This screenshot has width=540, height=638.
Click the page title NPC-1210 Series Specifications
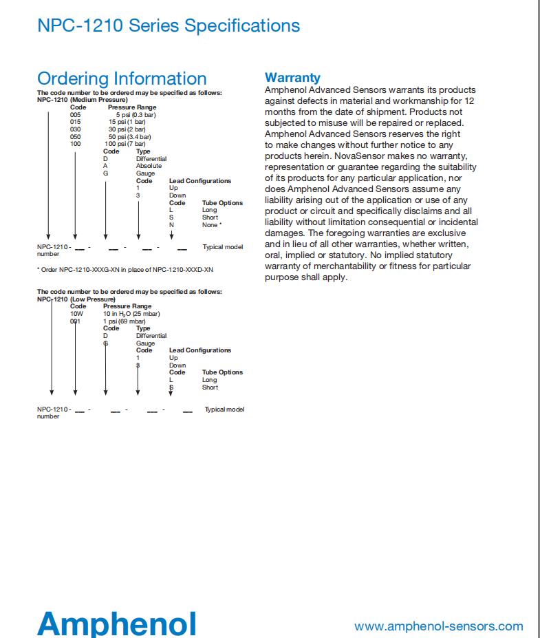tap(169, 26)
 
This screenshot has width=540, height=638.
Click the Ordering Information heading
tap(122, 78)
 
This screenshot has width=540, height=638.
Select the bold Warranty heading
tap(292, 78)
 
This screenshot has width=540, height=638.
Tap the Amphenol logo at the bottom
tap(117, 623)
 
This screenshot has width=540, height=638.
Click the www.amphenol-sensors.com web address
tap(438, 626)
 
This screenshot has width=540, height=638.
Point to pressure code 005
tap(76, 114)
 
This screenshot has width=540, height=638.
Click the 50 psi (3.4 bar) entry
tap(129, 136)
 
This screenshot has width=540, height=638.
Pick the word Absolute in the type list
tap(149, 166)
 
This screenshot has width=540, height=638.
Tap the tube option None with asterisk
tap(212, 225)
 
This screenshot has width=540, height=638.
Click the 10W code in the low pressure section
tap(76, 313)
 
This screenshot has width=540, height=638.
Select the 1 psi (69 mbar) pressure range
tap(124, 321)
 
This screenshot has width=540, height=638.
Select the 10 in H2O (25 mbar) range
tap(131, 313)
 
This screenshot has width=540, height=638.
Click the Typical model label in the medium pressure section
tap(222, 246)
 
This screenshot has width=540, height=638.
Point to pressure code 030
tap(76, 129)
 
